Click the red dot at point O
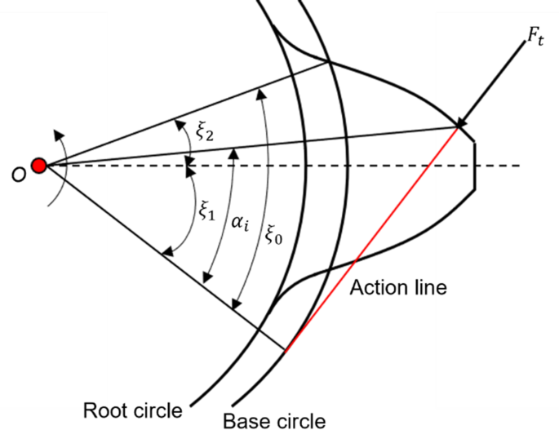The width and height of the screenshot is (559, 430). (x=38, y=166)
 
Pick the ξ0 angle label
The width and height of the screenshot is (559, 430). (x=274, y=236)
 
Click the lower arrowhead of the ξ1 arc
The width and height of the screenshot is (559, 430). (x=165, y=254)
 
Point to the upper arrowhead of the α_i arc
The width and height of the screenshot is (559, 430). (x=234, y=149)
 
